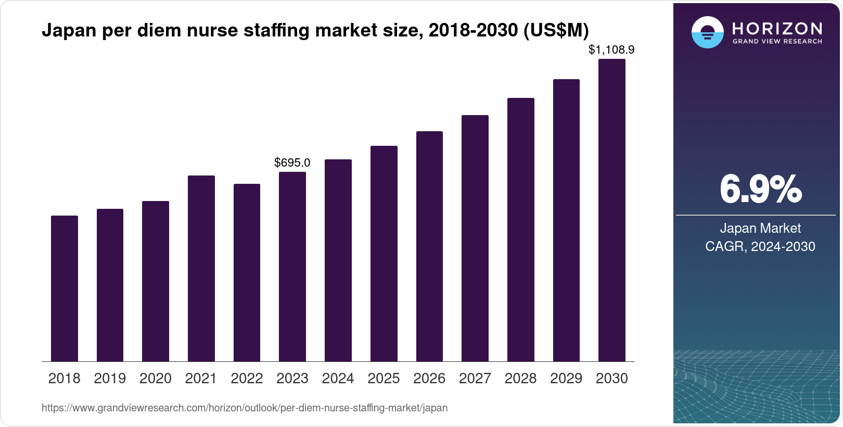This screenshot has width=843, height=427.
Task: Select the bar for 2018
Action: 65,288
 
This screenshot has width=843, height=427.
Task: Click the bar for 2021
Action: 201,268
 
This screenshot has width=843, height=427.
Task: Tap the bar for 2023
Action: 292,267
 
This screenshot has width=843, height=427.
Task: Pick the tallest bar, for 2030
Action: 612,210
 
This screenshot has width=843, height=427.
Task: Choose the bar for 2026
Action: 429,246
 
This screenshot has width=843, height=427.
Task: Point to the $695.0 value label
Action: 292,162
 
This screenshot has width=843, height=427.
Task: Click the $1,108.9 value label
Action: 611,50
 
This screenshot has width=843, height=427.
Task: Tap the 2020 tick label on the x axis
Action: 156,379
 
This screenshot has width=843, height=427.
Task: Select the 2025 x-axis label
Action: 384,379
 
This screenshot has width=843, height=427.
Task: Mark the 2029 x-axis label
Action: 566,379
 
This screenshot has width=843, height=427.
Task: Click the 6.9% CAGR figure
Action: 760,190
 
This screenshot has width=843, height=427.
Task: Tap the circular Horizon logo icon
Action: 707,32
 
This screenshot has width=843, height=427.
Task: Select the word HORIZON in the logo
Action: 777,28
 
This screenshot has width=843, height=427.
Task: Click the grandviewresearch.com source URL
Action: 245,408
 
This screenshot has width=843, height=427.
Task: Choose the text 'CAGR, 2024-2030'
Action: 760,246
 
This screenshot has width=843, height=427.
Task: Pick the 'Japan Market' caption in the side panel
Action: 760,228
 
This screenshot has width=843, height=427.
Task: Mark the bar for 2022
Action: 247,272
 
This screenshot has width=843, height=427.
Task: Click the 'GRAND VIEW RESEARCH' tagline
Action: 777,41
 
